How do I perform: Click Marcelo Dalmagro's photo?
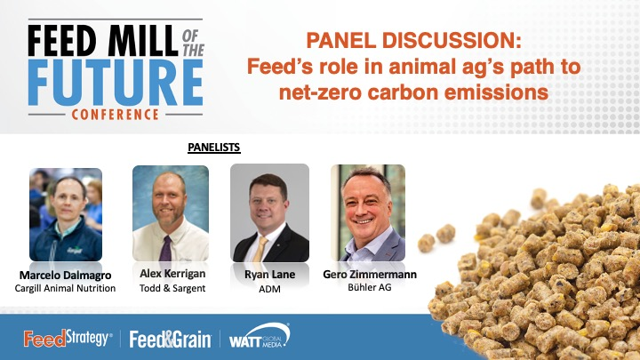click(x=66, y=212)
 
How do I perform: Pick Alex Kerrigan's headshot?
click(x=171, y=212)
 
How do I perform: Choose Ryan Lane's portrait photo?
click(x=269, y=212)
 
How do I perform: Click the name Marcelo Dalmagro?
click(x=65, y=275)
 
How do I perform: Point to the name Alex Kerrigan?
click(x=170, y=273)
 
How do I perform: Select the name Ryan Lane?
click(x=269, y=274)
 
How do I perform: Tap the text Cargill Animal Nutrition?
click(x=65, y=288)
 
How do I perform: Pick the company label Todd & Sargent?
click(x=170, y=286)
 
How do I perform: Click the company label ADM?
click(x=269, y=288)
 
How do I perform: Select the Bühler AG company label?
click(x=369, y=287)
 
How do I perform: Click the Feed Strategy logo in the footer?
click(x=67, y=340)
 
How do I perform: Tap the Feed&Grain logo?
click(x=170, y=340)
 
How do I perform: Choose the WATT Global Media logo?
click(x=259, y=339)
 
